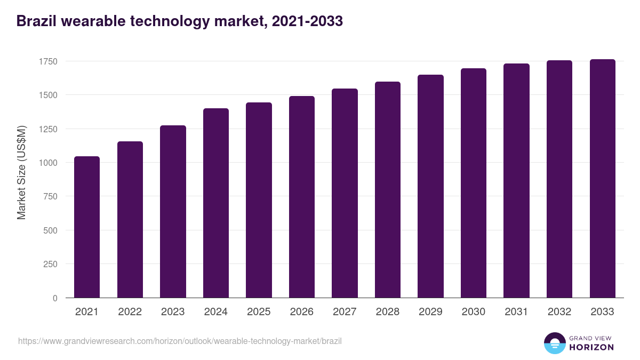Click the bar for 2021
tap(87, 227)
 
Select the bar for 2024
tap(215, 203)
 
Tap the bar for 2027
tap(345, 193)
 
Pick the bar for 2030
tap(474, 183)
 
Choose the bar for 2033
tap(602, 179)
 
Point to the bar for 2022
tap(130, 219)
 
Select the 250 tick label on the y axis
tap(50, 264)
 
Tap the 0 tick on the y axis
tap(55, 298)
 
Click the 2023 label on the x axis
tap(173, 312)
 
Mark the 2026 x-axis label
tap(301, 312)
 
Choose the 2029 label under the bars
tap(430, 312)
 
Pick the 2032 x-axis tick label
tap(559, 312)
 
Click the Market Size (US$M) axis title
tap(21, 172)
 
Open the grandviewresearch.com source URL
tap(180, 341)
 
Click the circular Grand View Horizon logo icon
tap(554, 343)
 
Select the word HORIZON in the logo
tap(591, 347)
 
